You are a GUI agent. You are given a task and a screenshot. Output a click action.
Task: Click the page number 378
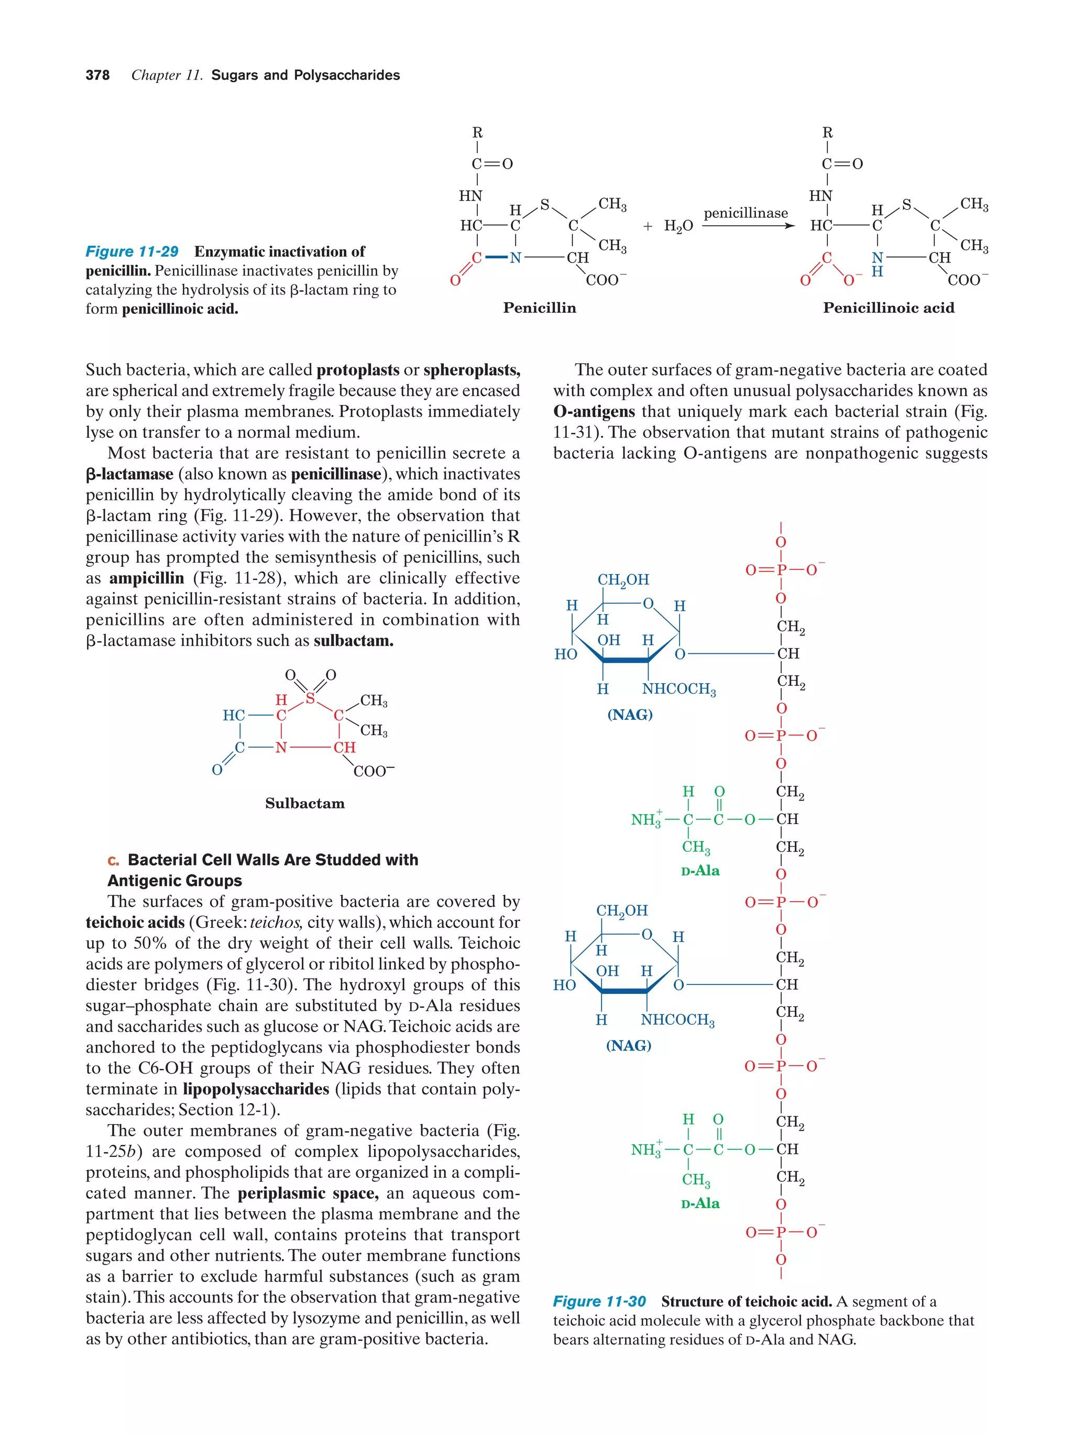[97, 75]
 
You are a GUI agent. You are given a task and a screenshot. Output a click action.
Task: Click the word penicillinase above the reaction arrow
[745, 213]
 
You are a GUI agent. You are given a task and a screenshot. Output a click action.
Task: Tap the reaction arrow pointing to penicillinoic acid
[748, 226]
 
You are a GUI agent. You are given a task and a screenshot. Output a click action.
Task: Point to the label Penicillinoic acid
[888, 308]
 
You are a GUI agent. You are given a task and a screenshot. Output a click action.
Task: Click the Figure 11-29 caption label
[132, 252]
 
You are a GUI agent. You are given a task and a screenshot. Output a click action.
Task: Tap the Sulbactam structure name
[304, 803]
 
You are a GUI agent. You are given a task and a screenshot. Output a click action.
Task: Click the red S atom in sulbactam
[310, 698]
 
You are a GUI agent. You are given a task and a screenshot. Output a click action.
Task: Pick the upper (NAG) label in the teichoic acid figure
[630, 715]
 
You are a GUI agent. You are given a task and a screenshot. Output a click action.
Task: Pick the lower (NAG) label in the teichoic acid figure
[628, 1045]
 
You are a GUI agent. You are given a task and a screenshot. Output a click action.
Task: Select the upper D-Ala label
[700, 871]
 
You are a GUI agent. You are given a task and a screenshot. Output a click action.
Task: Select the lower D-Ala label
[700, 1203]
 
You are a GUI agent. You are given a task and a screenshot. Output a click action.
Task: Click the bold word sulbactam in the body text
[353, 641]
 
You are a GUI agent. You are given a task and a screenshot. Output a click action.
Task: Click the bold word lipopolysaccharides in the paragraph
[256, 1089]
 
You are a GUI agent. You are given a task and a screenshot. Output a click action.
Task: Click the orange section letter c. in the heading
[114, 860]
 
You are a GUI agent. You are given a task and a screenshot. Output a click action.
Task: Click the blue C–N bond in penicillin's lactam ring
[496, 258]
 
